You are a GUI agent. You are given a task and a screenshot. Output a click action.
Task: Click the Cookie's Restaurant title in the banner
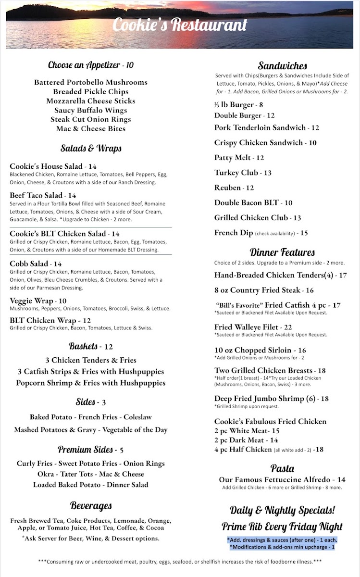[x=180, y=25]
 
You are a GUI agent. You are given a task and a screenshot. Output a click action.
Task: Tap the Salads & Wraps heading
[x=91, y=148]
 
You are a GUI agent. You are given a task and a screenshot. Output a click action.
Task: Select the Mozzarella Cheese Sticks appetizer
[x=91, y=101]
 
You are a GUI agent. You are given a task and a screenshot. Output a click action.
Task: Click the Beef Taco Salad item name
[x=36, y=195]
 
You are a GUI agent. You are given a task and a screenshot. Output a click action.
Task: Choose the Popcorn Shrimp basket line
[x=91, y=383]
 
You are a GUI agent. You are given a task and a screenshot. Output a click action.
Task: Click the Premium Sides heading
[x=86, y=450]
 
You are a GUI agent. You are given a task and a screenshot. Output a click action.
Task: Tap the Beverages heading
[x=91, y=505]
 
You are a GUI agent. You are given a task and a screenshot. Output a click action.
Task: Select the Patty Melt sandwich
[x=232, y=158]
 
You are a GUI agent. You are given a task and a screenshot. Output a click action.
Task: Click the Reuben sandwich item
[x=228, y=188]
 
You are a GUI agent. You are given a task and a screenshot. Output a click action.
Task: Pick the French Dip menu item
[x=233, y=233]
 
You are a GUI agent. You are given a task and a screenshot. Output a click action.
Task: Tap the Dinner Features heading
[x=282, y=252]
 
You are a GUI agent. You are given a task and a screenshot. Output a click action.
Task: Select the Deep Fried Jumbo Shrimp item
[x=259, y=399]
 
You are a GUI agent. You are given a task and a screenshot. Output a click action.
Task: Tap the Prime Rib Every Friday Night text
[x=282, y=527]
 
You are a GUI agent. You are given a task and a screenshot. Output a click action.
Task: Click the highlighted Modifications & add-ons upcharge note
[x=282, y=547]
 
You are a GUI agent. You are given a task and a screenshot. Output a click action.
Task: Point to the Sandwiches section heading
[x=282, y=66]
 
